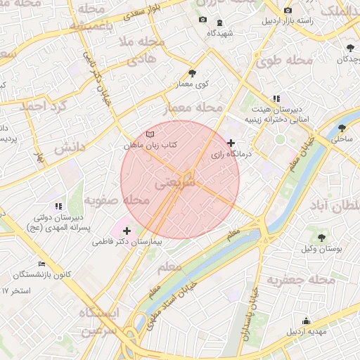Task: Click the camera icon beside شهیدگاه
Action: [x=203, y=20]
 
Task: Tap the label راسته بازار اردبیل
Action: [x=288, y=21]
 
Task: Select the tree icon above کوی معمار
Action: [x=192, y=72]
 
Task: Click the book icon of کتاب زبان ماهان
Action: [x=149, y=134]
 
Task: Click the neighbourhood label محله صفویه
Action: [x=117, y=201]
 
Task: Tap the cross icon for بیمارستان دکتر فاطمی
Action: [x=127, y=231]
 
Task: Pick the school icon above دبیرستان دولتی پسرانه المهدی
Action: [x=58, y=206]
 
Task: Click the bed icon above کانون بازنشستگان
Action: [x=42, y=264]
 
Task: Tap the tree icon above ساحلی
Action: [x=342, y=128]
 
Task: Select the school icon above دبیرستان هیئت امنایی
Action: [x=276, y=98]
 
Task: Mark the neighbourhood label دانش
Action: [x=69, y=148]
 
